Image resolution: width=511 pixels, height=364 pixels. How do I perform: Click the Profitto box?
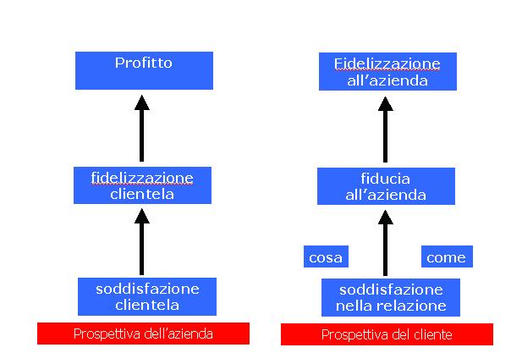(x=144, y=70)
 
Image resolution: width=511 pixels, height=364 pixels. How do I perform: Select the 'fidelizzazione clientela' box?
(x=142, y=185)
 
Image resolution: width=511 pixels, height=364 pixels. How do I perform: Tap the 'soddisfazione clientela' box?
(x=147, y=296)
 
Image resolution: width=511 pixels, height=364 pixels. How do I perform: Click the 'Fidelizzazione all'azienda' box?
(x=387, y=71)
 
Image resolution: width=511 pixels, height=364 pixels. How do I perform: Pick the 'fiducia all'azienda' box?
(x=386, y=186)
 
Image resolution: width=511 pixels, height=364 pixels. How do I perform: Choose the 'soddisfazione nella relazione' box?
(x=391, y=297)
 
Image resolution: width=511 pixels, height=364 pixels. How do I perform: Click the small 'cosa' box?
(x=326, y=256)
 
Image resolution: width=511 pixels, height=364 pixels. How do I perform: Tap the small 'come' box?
(x=447, y=256)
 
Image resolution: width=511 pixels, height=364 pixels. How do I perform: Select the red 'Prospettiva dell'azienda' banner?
(x=143, y=334)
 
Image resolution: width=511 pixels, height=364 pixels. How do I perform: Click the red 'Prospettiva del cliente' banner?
(x=387, y=334)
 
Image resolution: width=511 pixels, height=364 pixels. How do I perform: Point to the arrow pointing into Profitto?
(x=142, y=128)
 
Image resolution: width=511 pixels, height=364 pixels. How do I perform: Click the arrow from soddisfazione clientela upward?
(x=142, y=242)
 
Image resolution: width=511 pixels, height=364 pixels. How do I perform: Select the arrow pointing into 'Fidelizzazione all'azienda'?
(x=386, y=130)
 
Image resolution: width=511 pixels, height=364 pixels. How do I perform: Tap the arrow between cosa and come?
(x=386, y=243)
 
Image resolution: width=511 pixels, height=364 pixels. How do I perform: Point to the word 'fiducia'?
(x=386, y=179)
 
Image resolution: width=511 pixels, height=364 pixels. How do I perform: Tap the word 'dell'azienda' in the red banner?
(x=179, y=334)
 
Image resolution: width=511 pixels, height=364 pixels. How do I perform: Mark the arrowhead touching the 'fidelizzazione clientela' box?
(x=142, y=216)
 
